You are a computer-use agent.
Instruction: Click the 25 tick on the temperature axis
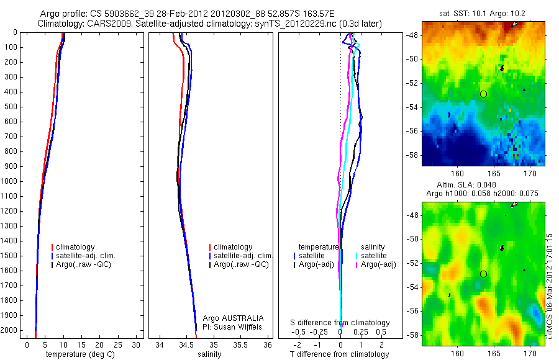click(x=120, y=343)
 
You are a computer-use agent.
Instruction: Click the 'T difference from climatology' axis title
click(x=339, y=354)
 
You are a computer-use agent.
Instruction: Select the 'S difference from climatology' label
click(x=340, y=323)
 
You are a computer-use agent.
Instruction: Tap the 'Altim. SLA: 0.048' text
click(x=483, y=186)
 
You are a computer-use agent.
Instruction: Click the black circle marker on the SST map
click(x=483, y=94)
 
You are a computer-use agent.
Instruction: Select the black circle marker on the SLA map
click(x=483, y=274)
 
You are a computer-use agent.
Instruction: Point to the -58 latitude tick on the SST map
click(x=413, y=155)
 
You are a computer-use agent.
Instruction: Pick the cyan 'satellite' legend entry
click(x=374, y=256)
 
